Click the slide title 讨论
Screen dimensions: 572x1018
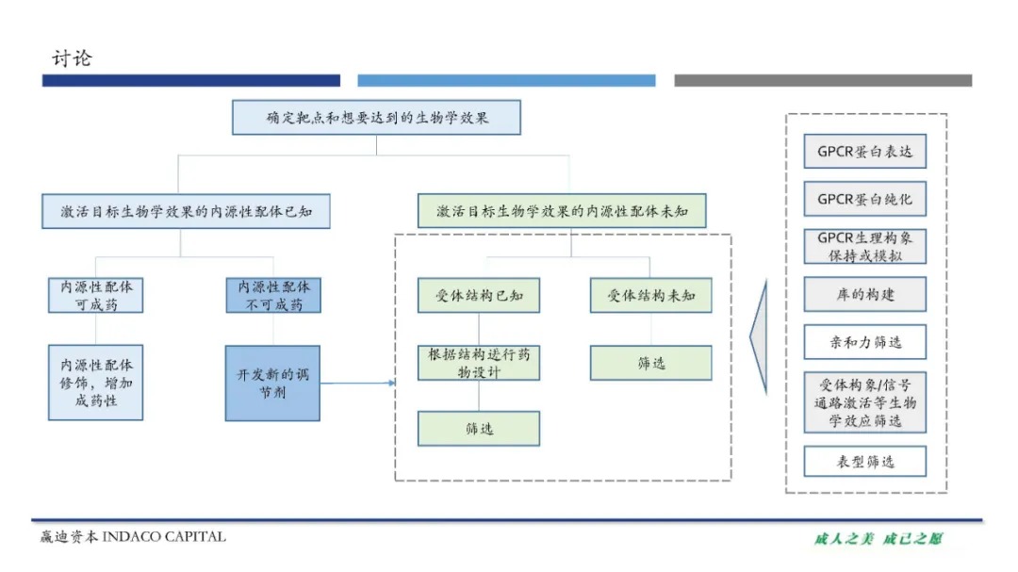click(x=72, y=58)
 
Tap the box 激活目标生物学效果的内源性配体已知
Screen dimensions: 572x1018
click(x=186, y=211)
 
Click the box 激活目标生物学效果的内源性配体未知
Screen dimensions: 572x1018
click(x=562, y=211)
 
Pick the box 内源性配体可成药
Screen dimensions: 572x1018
click(x=95, y=295)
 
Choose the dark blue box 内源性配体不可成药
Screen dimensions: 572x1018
click(x=272, y=295)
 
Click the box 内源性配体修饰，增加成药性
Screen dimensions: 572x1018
click(x=95, y=382)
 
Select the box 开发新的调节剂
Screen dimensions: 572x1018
click(x=272, y=383)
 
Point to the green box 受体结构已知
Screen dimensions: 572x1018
click(x=479, y=295)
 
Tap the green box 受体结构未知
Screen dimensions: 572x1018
click(x=651, y=295)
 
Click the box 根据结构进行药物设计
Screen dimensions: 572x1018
click(x=479, y=363)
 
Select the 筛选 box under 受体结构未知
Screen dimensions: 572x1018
click(x=651, y=363)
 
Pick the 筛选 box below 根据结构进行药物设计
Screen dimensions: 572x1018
click(x=479, y=429)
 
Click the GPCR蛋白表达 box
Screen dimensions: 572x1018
click(x=864, y=151)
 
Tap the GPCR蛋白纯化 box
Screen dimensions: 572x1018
click(x=864, y=199)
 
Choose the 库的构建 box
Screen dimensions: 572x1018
click(x=864, y=294)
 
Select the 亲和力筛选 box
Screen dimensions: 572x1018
click(x=864, y=342)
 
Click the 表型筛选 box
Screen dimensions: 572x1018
click(x=864, y=462)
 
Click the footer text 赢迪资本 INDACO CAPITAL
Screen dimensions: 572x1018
click(x=133, y=537)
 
